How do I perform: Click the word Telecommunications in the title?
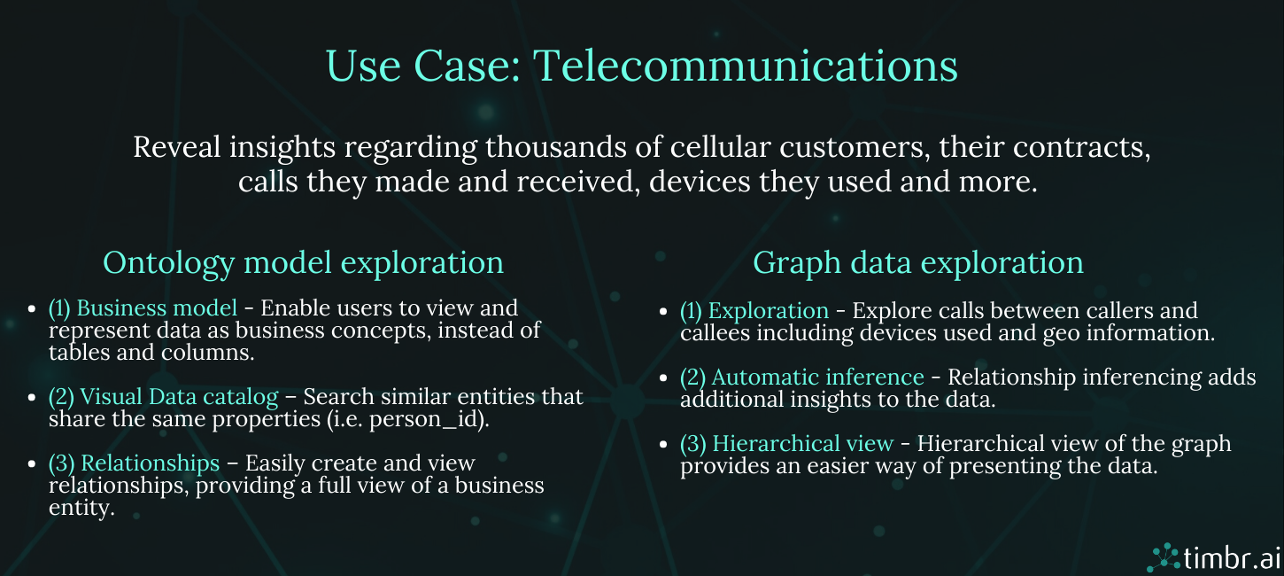746,66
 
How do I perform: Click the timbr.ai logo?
1214,557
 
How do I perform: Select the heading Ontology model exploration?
303,263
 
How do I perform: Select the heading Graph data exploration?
917,263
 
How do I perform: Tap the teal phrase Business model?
157,308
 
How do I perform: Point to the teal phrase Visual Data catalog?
179,397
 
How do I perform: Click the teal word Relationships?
151,463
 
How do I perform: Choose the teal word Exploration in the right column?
768,311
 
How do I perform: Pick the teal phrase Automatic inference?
817,377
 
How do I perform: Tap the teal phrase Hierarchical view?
802,443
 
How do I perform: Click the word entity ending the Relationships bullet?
81,508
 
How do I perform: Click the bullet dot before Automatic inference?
664,378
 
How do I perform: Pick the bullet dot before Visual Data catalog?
32,398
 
